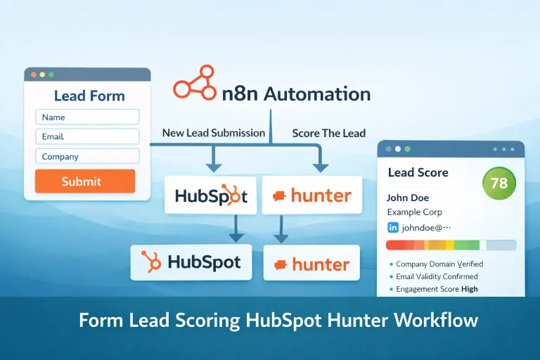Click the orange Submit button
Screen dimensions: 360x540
[84, 181]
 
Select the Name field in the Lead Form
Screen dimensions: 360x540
[87, 117]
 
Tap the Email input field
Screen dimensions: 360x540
[87, 137]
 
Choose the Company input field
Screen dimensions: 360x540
[87, 157]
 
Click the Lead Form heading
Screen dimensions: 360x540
[89, 96]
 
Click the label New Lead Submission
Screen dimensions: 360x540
[213, 133]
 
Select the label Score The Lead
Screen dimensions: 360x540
[328, 133]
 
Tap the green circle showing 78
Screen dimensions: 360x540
[499, 184]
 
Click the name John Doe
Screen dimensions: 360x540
[408, 198]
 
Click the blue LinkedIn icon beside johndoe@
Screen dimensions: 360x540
[393, 228]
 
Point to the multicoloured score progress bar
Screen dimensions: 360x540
[451, 245]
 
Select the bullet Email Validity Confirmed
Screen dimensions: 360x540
[437, 276]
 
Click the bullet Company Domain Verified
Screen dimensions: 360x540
[439, 264]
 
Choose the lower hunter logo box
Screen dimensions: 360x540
[311, 264]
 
